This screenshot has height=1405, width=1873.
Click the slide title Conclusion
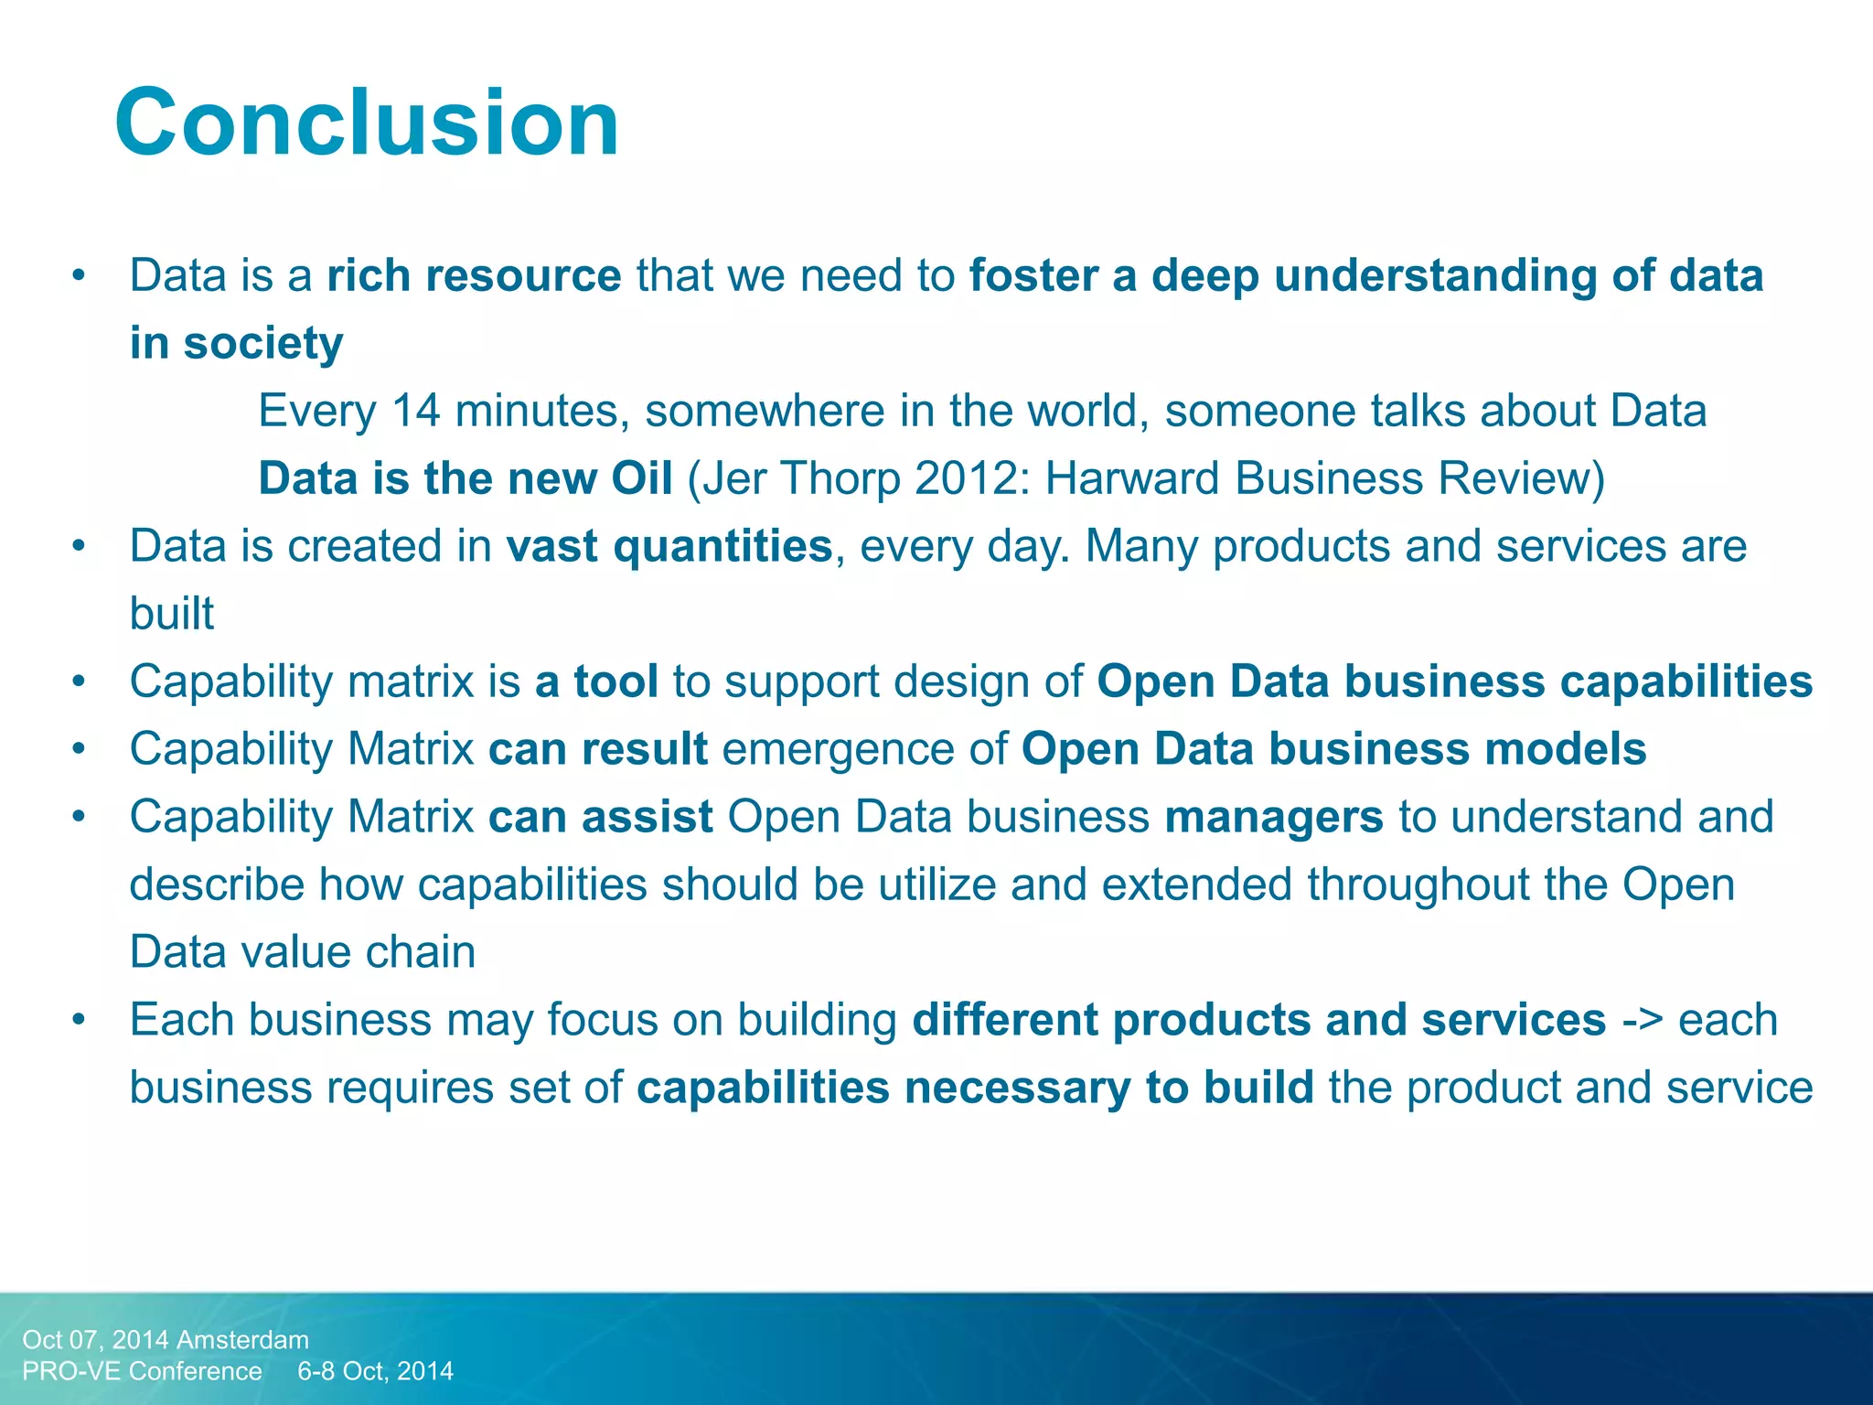pyautogui.click(x=367, y=123)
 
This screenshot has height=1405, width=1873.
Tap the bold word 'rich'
pyautogui.click(x=369, y=275)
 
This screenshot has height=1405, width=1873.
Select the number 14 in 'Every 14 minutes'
pyautogui.click(x=415, y=411)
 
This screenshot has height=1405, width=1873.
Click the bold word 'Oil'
pyautogui.click(x=642, y=478)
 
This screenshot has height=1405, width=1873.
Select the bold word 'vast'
pyautogui.click(x=551, y=546)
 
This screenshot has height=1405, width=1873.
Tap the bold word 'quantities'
pyautogui.click(x=722, y=546)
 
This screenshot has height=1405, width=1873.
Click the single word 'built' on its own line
pyautogui.click(x=172, y=614)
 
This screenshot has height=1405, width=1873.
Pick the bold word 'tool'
pyautogui.click(x=615, y=681)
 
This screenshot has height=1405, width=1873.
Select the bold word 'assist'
pyautogui.click(x=647, y=817)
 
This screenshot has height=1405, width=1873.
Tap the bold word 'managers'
pyautogui.click(x=1274, y=817)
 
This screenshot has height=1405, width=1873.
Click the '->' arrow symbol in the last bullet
pyautogui.click(x=1642, y=1020)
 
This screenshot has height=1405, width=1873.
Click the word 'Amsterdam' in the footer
pyautogui.click(x=242, y=1340)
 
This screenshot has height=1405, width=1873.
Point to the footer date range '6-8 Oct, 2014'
pyautogui.click(x=375, y=1371)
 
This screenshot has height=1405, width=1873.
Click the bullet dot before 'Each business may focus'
pyautogui.click(x=80, y=1020)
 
